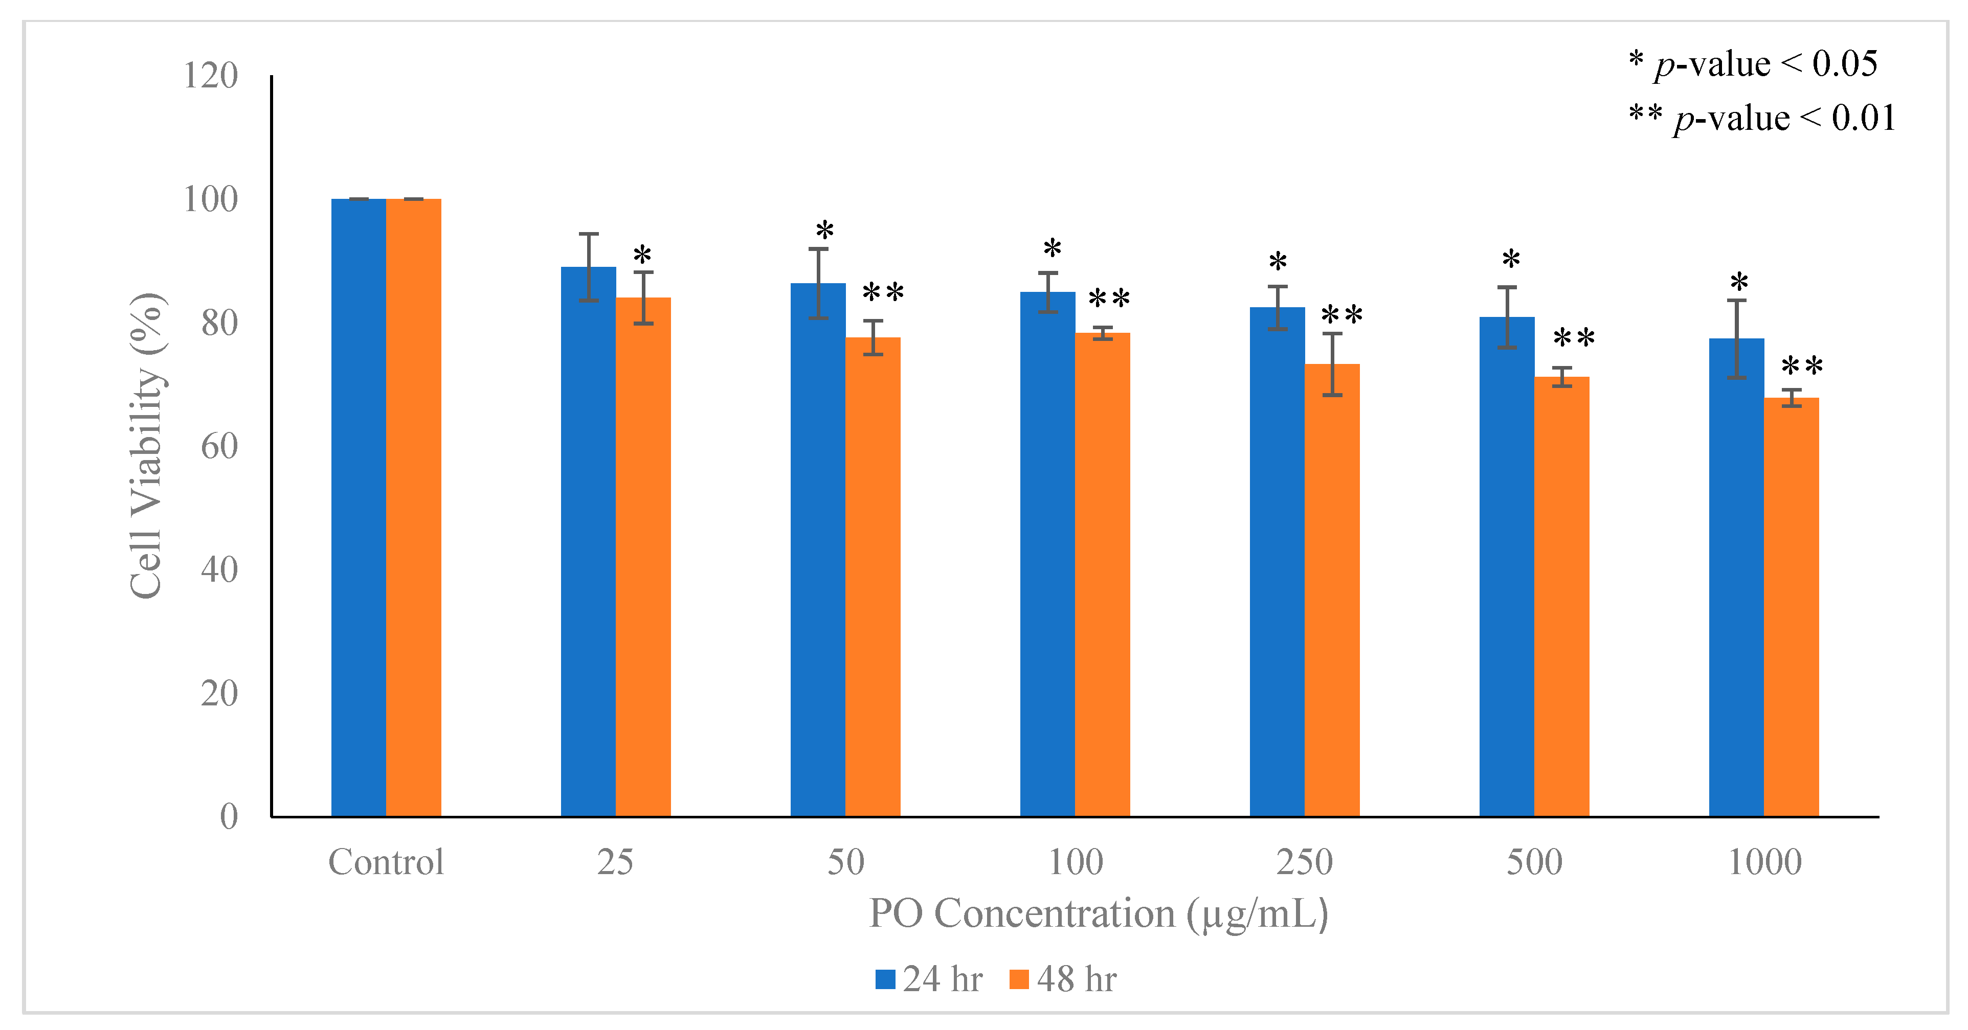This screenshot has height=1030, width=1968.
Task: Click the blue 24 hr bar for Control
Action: click(x=359, y=508)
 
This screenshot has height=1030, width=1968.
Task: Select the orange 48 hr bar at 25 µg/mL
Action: click(x=643, y=557)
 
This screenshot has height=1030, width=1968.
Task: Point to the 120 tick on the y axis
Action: click(x=211, y=76)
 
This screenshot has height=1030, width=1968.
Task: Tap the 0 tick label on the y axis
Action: click(x=229, y=816)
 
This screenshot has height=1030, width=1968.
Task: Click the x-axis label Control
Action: click(x=386, y=862)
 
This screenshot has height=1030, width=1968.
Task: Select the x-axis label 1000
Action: click(x=1764, y=862)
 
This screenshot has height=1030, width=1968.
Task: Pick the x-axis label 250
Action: click(x=1304, y=862)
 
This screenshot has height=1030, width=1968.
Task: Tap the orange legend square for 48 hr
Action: click(x=1018, y=979)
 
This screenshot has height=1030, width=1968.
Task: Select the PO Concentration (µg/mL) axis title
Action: click(x=1099, y=914)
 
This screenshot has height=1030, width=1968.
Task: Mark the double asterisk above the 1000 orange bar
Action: click(x=1801, y=367)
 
